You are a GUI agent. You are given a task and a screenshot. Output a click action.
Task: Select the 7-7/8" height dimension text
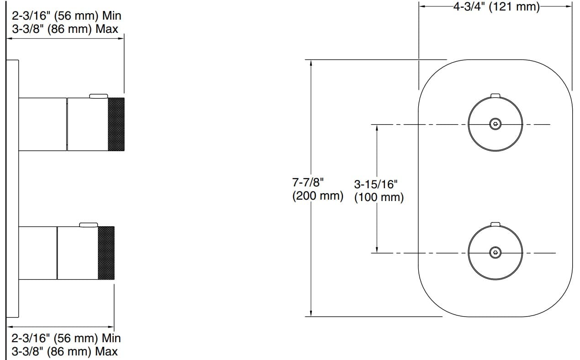[x=308, y=182]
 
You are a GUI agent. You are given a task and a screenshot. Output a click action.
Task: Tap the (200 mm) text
[x=317, y=196]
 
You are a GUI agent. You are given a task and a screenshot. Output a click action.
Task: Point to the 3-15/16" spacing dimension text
[x=376, y=185]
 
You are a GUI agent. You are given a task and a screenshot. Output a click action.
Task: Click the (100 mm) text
[x=379, y=198]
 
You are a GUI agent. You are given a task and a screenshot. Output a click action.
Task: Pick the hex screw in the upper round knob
[x=495, y=124]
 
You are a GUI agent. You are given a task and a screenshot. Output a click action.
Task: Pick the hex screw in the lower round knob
[x=495, y=253]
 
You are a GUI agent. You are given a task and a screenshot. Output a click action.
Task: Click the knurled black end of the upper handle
[x=116, y=124]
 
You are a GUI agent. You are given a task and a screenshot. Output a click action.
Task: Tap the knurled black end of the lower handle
[x=106, y=253]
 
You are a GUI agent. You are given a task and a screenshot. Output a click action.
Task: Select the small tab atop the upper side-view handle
[x=99, y=95]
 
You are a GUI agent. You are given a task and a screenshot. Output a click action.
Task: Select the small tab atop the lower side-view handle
[x=89, y=224]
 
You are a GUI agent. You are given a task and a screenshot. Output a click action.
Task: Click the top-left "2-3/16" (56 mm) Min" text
[x=67, y=16]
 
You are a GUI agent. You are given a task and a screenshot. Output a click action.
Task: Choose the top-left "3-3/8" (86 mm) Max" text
[x=64, y=29]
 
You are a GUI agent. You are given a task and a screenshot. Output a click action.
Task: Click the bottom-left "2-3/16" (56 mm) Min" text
[x=66, y=339]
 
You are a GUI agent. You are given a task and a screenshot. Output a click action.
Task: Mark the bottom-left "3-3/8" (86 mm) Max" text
[x=64, y=351]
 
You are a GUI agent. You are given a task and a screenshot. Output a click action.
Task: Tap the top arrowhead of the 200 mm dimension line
[x=311, y=63]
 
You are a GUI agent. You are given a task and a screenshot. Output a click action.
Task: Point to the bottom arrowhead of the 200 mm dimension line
[x=311, y=312]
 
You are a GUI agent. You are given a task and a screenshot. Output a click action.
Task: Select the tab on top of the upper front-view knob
[x=495, y=95]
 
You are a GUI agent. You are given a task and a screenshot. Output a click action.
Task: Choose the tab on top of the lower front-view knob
[x=495, y=224]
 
